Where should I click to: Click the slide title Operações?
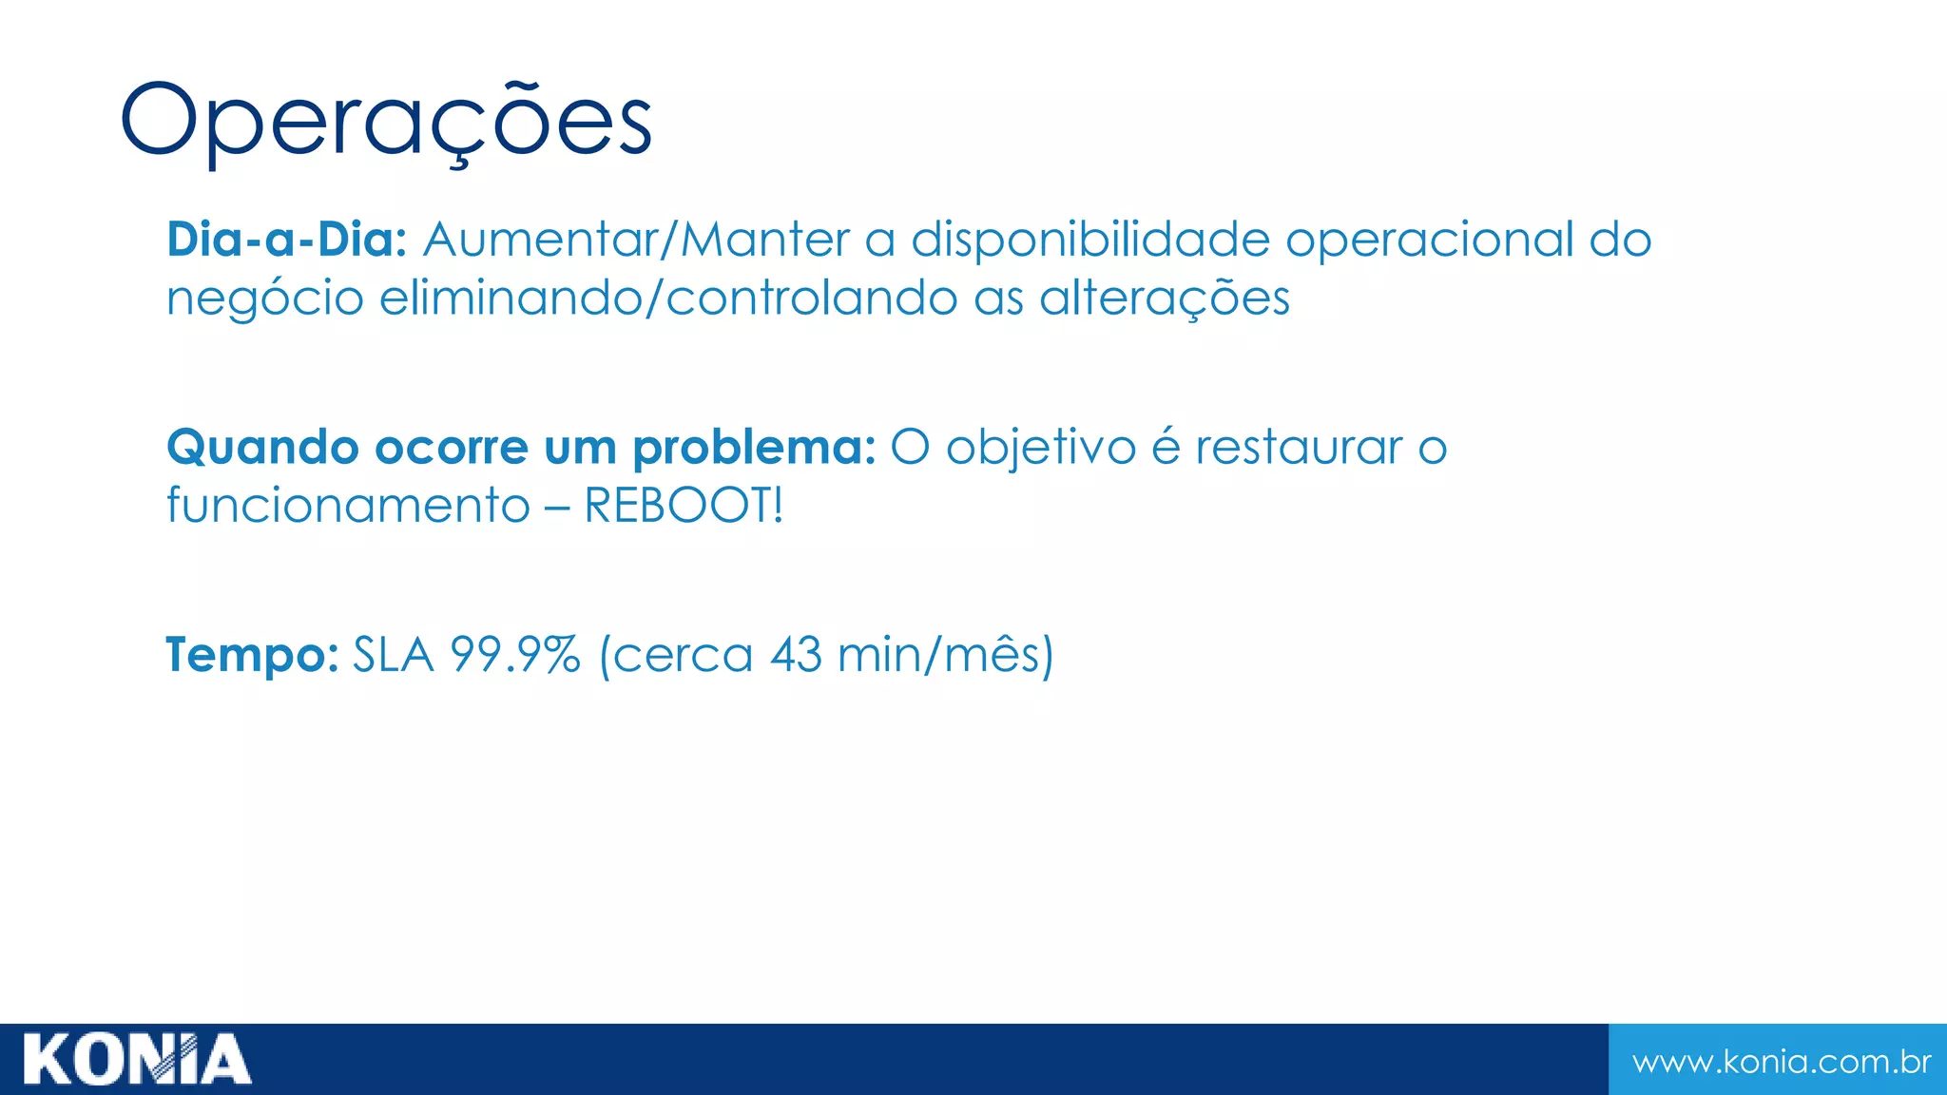[386, 121]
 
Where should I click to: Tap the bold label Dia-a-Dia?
[286, 240]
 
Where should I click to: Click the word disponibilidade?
[1090, 240]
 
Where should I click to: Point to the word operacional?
[1430, 240]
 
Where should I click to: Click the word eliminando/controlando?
[668, 298]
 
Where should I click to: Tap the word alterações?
[1165, 298]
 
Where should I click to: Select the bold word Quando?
[262, 448]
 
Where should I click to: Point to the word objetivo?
[1041, 448]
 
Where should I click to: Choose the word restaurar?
[1299, 448]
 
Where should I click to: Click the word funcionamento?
[348, 506]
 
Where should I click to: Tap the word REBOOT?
[684, 506]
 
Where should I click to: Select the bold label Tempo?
[252, 655]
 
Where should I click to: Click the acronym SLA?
[394, 655]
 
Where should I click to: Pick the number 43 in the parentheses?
[796, 655]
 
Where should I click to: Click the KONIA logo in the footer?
[137, 1059]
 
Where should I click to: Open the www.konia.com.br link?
[1782, 1062]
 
